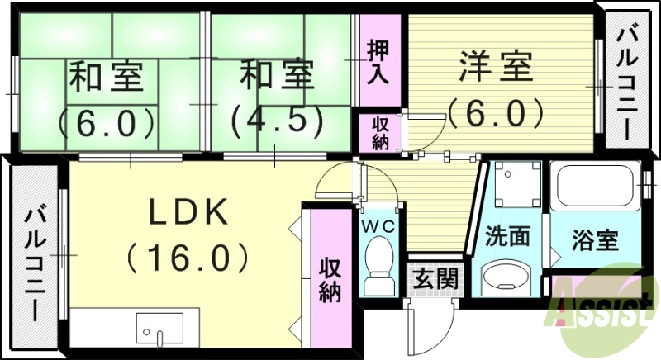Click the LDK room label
(188, 213)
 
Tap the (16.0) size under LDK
(188, 258)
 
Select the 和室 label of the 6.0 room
(107, 78)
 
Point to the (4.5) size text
(277, 121)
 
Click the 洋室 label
(495, 67)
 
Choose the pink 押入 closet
(378, 62)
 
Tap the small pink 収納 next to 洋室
(379, 132)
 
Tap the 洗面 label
(506, 237)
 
